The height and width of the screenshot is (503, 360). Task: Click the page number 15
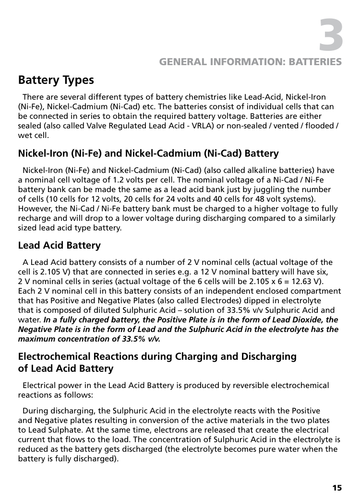click(x=337, y=488)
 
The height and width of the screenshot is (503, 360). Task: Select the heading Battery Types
click(x=56, y=80)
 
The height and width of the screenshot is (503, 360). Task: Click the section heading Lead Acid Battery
click(x=59, y=246)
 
